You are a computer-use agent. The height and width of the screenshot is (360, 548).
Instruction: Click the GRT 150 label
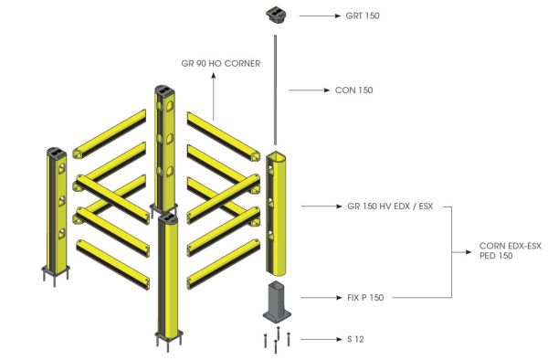[x=364, y=16]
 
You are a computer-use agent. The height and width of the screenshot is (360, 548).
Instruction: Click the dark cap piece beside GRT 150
[x=276, y=14]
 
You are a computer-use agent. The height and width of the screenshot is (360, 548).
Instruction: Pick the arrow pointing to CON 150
[x=311, y=90]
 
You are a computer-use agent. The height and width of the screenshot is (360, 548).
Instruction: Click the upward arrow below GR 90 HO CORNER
[x=214, y=96]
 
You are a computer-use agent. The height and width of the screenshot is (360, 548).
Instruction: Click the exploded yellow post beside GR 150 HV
[x=277, y=210]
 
